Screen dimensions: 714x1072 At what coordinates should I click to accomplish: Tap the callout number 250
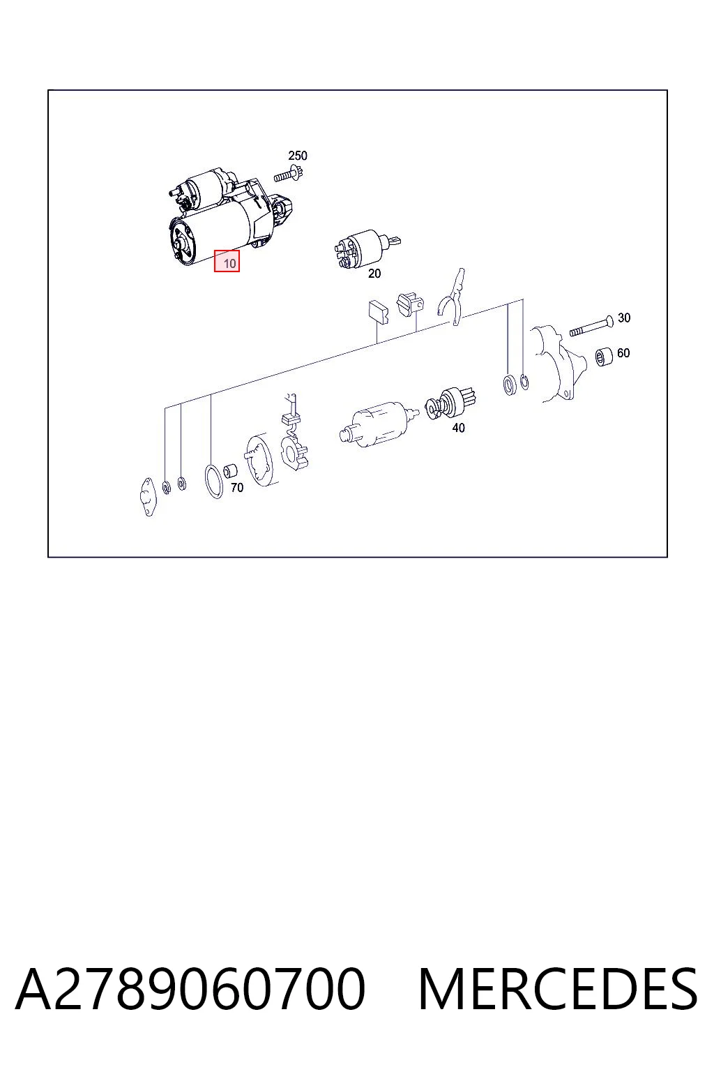click(x=298, y=156)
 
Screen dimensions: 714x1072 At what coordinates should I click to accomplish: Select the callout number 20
click(x=374, y=274)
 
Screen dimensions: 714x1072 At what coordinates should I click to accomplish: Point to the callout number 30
click(x=623, y=318)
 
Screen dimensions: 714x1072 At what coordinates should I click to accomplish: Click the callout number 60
click(x=623, y=352)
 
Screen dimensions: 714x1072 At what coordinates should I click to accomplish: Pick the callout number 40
click(x=458, y=427)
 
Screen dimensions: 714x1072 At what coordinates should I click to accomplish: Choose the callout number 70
click(x=237, y=488)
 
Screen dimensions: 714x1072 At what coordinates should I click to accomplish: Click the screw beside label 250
click(x=289, y=175)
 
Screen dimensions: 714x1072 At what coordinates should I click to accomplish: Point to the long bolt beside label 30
click(x=591, y=327)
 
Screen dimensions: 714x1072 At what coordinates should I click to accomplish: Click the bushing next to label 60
click(x=604, y=357)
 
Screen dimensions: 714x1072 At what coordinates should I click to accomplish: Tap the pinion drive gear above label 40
click(x=448, y=403)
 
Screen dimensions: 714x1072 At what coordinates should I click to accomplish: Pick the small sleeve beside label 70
click(x=230, y=471)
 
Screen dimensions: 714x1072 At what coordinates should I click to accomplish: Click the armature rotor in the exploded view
click(x=377, y=424)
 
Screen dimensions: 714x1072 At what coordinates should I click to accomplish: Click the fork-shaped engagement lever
click(x=452, y=297)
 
